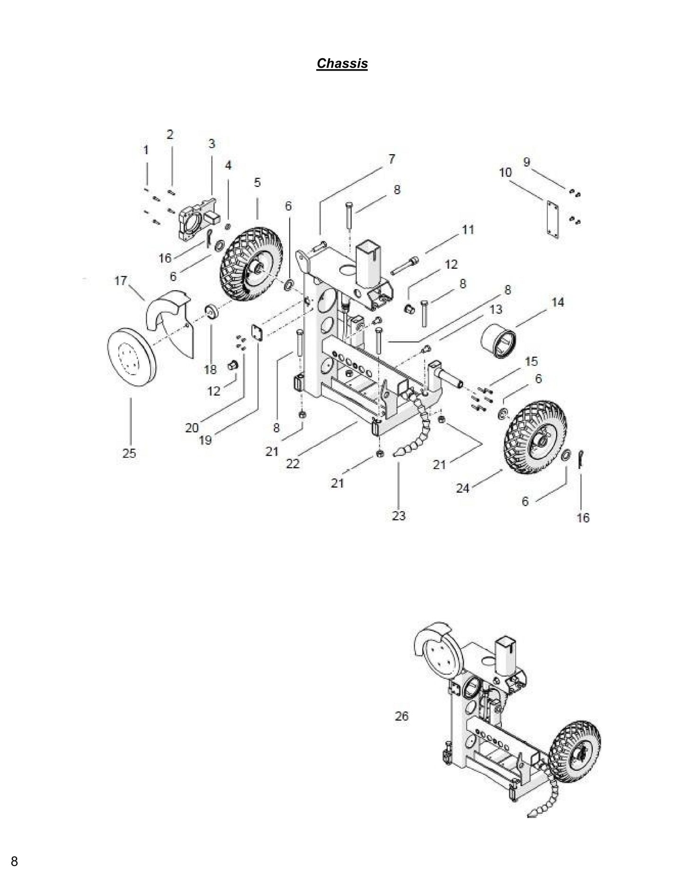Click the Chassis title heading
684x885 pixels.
tap(342, 63)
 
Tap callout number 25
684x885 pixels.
tap(129, 453)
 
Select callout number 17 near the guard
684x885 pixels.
tap(121, 281)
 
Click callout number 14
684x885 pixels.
tap(558, 302)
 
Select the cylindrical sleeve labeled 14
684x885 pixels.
tap(498, 341)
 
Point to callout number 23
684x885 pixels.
tap(399, 515)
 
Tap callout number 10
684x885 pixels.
tap(505, 172)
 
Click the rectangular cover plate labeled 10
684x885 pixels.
tap(551, 219)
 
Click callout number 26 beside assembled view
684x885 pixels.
tap(401, 716)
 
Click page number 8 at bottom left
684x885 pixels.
tap(14, 861)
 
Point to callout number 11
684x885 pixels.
tap(468, 230)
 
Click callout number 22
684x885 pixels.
tap(293, 464)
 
